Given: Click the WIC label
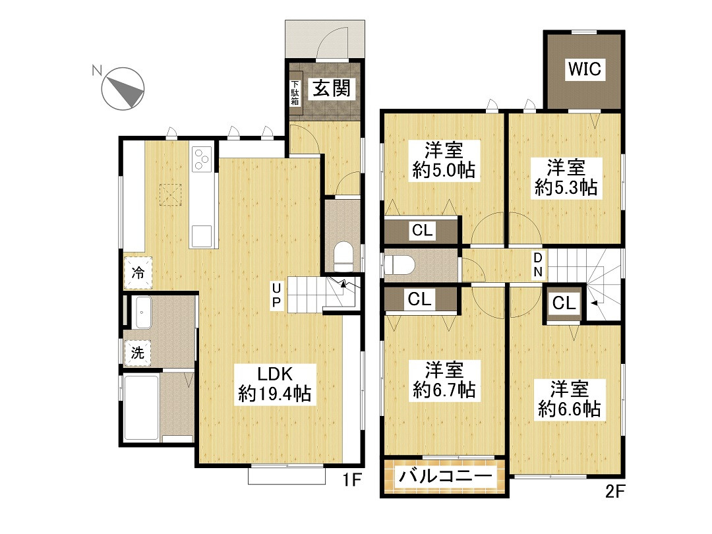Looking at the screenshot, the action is (x=585, y=69).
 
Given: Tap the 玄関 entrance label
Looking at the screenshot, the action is (x=332, y=88).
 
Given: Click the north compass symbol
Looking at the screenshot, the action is (x=123, y=88).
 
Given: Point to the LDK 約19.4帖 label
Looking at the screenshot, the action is (x=275, y=384).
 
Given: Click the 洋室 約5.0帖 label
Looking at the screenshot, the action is (x=444, y=160).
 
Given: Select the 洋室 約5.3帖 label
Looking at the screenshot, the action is (x=566, y=177).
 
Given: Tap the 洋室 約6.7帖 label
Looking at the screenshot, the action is (x=444, y=380).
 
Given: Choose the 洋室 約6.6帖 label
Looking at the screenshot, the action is (x=570, y=399).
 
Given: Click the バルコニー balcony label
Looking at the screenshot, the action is (x=445, y=476).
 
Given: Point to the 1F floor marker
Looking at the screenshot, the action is (x=351, y=479).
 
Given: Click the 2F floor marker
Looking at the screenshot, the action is (x=615, y=491).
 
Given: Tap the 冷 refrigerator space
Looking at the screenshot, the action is (x=138, y=272).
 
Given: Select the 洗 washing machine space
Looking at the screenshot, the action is (x=137, y=352).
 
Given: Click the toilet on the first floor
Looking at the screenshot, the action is (x=343, y=256).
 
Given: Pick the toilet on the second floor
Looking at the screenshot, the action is (x=399, y=265).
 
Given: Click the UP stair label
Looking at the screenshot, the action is (x=276, y=295).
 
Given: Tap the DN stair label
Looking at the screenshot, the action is (x=538, y=265).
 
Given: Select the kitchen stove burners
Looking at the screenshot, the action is (x=202, y=159).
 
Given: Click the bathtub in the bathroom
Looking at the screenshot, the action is (x=141, y=408).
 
